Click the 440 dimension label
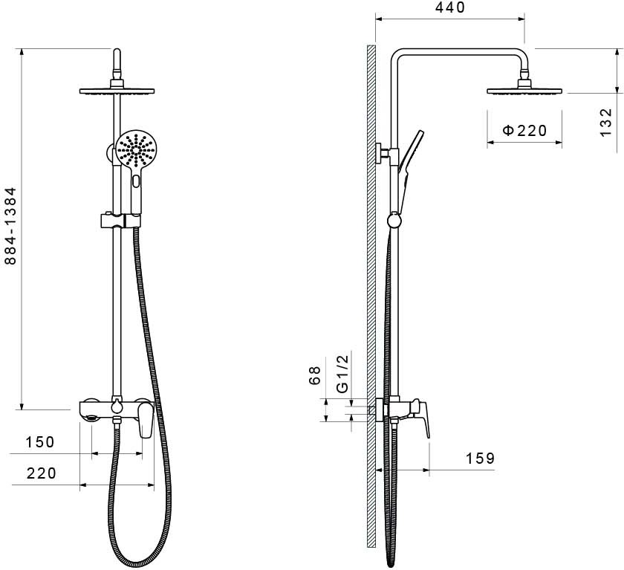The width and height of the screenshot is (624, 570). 450,7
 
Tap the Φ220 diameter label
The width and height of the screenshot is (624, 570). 524,130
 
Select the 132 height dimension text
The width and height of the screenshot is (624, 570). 605,122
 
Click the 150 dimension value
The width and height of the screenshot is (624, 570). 40,442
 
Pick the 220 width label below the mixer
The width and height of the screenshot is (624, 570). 42,473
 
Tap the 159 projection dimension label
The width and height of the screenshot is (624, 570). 481,458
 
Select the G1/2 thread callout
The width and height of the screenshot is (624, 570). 342,373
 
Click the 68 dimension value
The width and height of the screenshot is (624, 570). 314,375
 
